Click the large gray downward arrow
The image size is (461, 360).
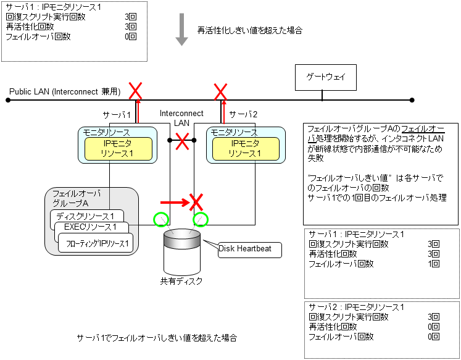pos(181,31)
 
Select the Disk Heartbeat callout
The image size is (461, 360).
pos(250,249)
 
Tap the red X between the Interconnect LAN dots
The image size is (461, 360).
pos(182,141)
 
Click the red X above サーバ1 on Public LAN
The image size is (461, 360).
pos(135,92)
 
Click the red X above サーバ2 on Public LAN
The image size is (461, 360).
pos(220,92)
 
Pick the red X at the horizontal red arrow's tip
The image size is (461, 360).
pos(196,201)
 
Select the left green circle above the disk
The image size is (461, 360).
pos(160,219)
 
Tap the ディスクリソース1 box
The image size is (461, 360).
pos(86,217)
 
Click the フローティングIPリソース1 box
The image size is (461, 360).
pos(97,243)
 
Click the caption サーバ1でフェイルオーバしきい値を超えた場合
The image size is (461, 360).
pos(157,338)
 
